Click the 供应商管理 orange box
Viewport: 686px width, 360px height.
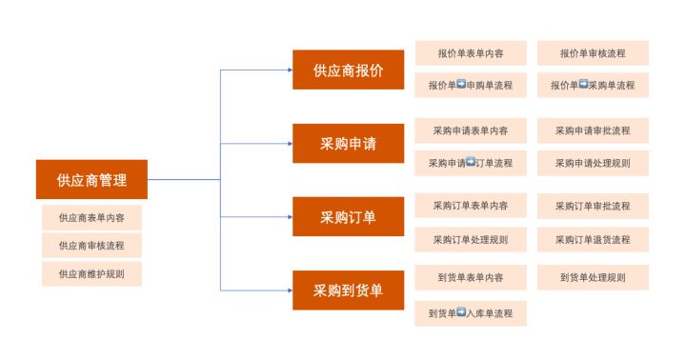pos(91,179)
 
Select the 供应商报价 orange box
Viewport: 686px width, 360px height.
pos(348,70)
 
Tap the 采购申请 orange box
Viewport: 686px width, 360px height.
pos(348,144)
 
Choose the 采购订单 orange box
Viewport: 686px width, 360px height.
pos(348,217)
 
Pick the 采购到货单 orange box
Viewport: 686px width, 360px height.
pos(348,290)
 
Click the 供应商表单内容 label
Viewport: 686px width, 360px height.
pos(91,217)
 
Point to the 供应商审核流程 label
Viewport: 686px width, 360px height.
pos(91,246)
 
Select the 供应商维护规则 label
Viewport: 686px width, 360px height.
pos(91,273)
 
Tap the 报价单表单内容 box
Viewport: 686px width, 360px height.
pos(471,53)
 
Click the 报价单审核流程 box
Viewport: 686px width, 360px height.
pos(593,53)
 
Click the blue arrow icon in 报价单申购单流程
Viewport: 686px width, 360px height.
pos(461,85)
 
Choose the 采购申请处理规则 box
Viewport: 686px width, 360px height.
pos(593,163)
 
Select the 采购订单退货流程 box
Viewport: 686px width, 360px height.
pos(593,239)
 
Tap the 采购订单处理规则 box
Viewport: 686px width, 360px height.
pos(471,239)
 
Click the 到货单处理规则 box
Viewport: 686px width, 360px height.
pos(593,278)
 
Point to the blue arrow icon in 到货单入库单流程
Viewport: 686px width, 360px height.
pos(461,311)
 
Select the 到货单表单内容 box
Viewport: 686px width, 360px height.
pos(471,278)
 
